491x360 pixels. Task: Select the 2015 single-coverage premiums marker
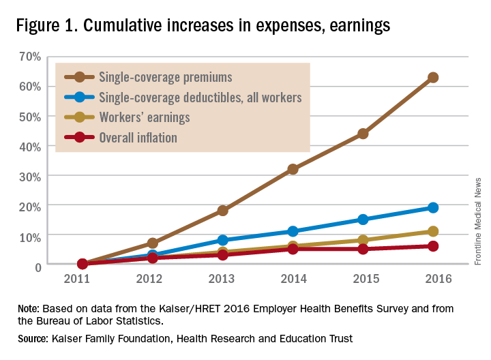click(x=363, y=134)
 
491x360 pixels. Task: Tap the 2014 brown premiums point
click(x=293, y=169)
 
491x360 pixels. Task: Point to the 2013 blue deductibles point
click(x=222, y=240)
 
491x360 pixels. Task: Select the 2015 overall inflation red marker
click(x=363, y=249)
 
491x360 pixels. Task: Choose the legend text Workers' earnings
click(x=144, y=117)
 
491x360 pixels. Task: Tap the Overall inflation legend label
click(x=138, y=138)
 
